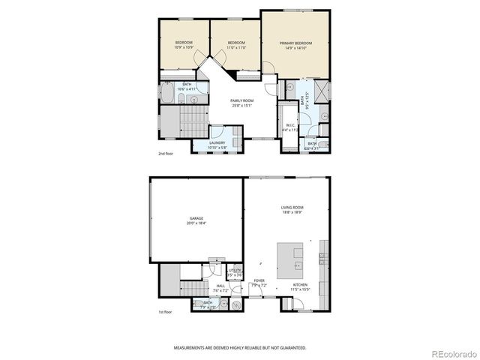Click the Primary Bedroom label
coord(295,43)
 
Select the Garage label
coord(196,218)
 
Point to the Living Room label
coord(292,208)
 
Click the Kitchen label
coord(301,284)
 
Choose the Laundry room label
coord(217,142)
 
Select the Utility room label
coord(235,271)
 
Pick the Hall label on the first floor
coord(220,286)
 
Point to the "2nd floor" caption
coord(166,154)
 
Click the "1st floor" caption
coord(166,312)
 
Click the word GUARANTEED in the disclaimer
coord(292,348)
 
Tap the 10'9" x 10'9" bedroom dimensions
coord(184,47)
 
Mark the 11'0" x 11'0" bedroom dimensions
coord(236,47)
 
